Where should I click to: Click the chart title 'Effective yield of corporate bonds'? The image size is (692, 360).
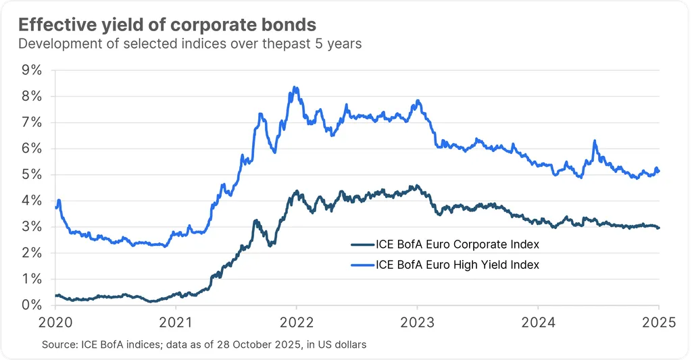[x=167, y=25]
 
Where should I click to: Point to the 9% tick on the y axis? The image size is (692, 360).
[x=32, y=70]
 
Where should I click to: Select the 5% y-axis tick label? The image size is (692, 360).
[x=32, y=175]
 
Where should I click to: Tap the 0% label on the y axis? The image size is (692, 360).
[x=32, y=305]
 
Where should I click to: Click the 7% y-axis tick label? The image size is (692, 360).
[x=32, y=122]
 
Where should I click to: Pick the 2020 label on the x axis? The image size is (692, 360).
[x=55, y=322]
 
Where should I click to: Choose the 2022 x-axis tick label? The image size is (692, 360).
[x=296, y=322]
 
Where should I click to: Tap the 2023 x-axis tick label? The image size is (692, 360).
[x=417, y=322]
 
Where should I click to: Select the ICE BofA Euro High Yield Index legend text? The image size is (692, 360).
[x=457, y=265]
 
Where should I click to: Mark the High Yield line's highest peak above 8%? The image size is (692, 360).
[x=295, y=87]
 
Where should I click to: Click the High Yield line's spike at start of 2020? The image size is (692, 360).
[x=59, y=200]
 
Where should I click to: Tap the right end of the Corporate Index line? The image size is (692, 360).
[x=658, y=228]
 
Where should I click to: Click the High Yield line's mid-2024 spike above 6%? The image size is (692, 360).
[x=594, y=141]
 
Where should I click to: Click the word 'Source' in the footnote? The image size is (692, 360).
[x=58, y=345]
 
